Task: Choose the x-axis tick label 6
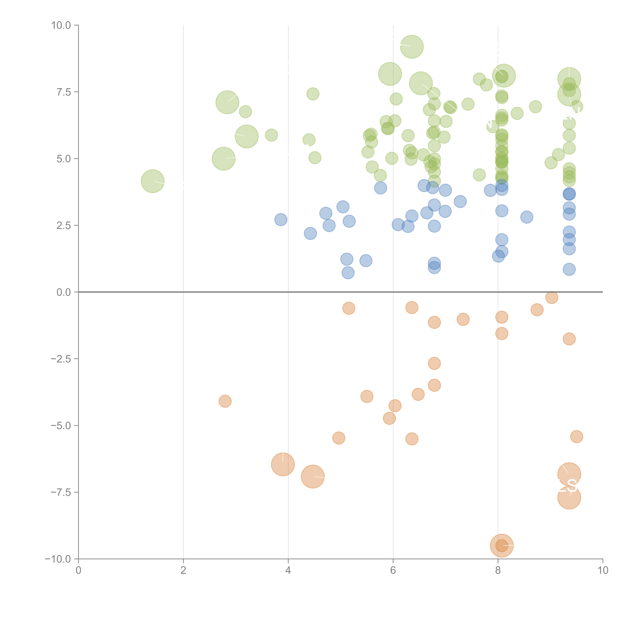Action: (393, 570)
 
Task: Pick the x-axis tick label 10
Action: (603, 570)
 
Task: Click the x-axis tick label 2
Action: (183, 570)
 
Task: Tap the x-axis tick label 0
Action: (78, 570)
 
